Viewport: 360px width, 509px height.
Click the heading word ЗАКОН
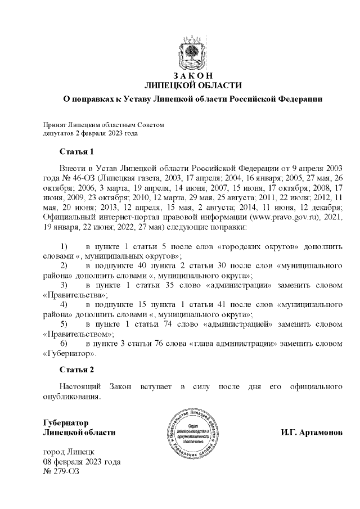point(193,76)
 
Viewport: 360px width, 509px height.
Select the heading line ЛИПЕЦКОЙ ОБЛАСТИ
point(193,85)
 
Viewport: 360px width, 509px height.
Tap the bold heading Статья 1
point(76,152)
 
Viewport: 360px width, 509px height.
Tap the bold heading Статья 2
point(76,370)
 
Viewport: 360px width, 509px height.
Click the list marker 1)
point(64,247)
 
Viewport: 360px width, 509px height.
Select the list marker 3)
point(64,286)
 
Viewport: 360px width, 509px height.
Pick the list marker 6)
point(64,343)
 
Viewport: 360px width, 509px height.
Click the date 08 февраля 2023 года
point(82,462)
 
